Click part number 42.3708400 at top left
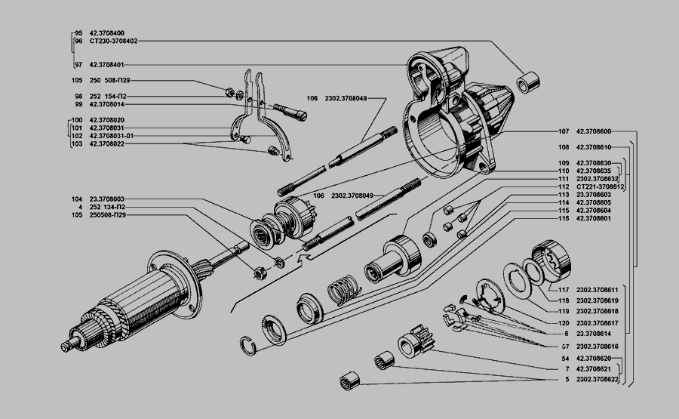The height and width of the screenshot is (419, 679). [107, 33]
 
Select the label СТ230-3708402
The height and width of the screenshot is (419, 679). [113, 41]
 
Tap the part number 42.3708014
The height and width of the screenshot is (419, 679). [107, 104]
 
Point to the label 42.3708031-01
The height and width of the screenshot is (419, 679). [111, 136]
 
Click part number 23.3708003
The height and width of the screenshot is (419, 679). [107, 198]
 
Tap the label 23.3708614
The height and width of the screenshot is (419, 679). [594, 333]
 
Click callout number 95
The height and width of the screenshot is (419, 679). [78, 33]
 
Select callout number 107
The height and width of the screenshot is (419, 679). [563, 131]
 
